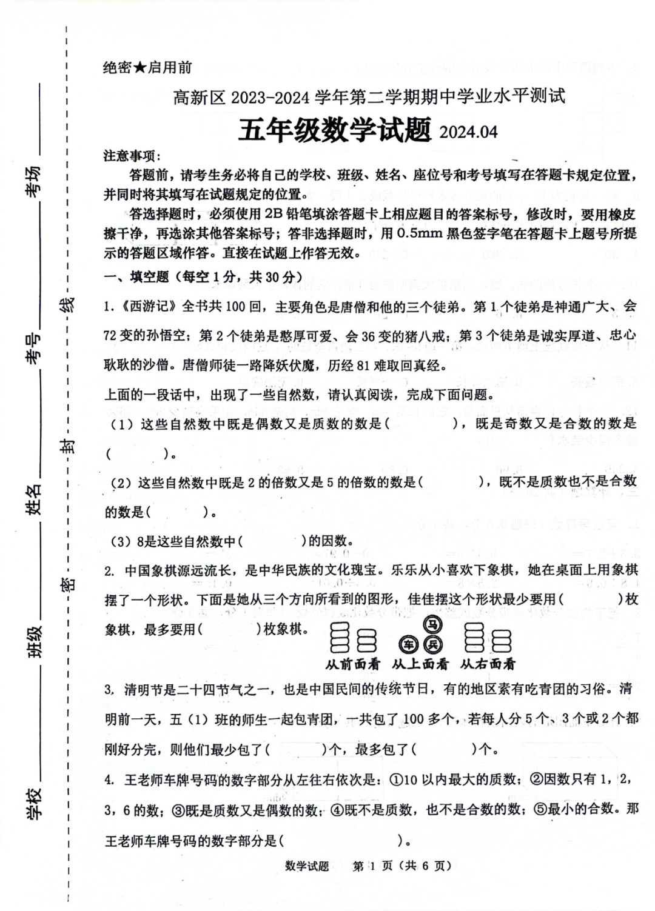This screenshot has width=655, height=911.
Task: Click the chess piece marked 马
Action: pyautogui.click(x=432, y=624)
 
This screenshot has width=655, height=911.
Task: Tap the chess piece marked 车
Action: pyautogui.click(x=409, y=644)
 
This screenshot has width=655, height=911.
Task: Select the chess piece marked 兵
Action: pyautogui.click(x=433, y=644)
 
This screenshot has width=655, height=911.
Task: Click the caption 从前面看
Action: pyautogui.click(x=352, y=664)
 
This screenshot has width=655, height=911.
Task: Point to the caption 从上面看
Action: pyautogui.click(x=420, y=664)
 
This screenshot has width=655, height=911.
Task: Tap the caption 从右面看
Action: pyautogui.click(x=487, y=664)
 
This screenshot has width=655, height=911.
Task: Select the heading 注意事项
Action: pyautogui.click(x=131, y=156)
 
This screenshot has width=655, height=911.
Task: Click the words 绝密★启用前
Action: pyautogui.click(x=147, y=67)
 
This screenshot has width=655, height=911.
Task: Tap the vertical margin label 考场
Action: pyautogui.click(x=34, y=181)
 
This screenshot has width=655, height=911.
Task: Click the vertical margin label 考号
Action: pyautogui.click(x=34, y=348)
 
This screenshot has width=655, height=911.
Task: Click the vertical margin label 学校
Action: pyautogui.click(x=34, y=804)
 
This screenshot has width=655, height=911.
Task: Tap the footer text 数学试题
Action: pyautogui.click(x=307, y=866)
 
